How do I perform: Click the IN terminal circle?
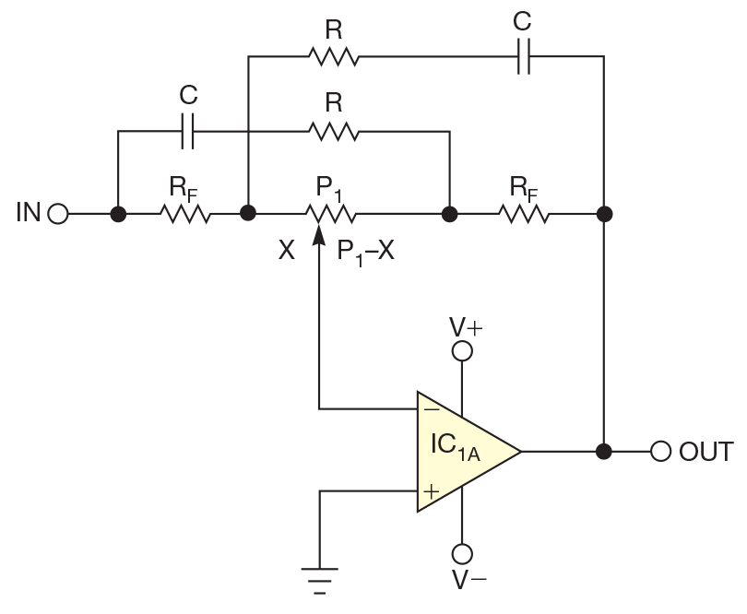click(58, 215)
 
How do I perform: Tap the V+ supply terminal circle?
click(461, 351)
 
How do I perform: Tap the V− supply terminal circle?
click(461, 553)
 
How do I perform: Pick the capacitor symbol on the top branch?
click(523, 56)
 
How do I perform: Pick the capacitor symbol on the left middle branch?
click(188, 131)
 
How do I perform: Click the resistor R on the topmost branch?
click(333, 56)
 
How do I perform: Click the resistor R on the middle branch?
click(333, 131)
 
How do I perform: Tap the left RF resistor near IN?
click(185, 215)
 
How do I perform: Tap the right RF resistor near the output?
click(524, 215)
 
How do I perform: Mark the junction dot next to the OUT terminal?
click(604, 452)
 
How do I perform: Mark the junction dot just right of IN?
click(118, 215)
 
